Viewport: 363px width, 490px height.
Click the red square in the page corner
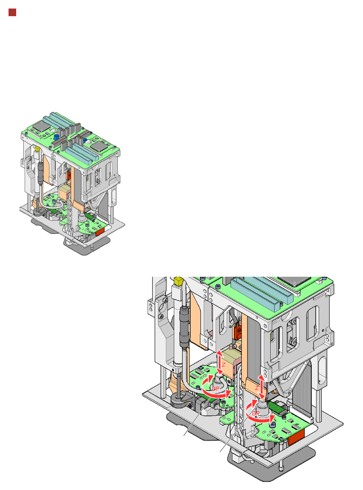[x=13, y=13]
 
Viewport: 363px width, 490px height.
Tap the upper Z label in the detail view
[x=224, y=365]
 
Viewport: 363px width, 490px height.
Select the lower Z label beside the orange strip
[x=257, y=388]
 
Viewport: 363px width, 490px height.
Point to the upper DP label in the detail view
[x=216, y=389]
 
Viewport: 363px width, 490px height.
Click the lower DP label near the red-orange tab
[x=256, y=413]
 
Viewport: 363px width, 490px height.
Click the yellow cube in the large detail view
[x=178, y=281]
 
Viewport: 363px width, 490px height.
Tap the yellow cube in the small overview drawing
[x=37, y=148]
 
